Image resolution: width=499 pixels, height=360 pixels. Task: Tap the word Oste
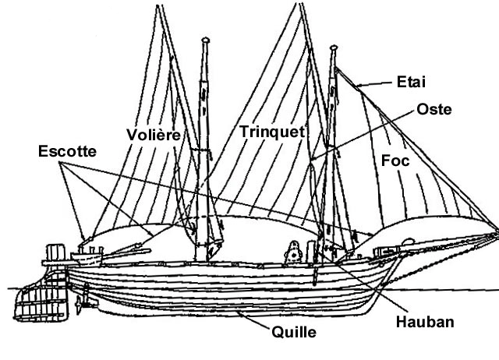[x=434, y=109]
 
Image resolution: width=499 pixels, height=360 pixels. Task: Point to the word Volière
[x=154, y=134]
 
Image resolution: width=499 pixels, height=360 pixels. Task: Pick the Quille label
[x=294, y=332]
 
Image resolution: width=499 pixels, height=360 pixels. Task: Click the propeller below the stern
[x=80, y=295]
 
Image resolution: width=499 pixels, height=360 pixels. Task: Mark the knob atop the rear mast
[x=206, y=38]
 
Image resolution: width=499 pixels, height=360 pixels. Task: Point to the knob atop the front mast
[x=333, y=48]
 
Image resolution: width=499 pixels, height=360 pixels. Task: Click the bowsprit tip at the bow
[x=494, y=229]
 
